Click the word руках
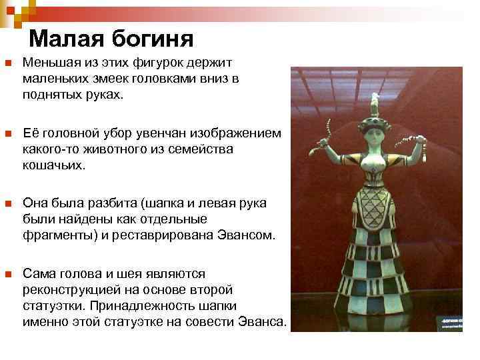(x=105, y=95)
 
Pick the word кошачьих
(x=54, y=164)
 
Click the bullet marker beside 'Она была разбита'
(x=8, y=203)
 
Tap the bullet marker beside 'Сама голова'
(x=8, y=273)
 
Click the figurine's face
(x=375, y=137)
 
